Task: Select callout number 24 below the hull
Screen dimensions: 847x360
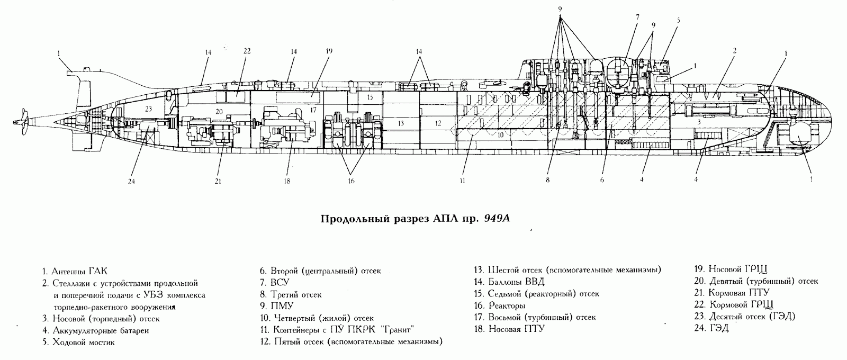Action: coord(131,182)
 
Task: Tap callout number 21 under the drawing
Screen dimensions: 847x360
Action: coord(218,182)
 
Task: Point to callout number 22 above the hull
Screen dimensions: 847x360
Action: coord(247,51)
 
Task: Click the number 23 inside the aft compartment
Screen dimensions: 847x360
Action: coord(148,109)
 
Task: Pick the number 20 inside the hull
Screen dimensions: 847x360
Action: coord(219,112)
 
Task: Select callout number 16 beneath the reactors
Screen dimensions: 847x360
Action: coord(352,181)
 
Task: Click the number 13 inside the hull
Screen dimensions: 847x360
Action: coord(401,123)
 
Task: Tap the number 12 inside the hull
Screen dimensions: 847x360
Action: coord(438,123)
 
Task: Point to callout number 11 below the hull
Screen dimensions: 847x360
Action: coord(462,181)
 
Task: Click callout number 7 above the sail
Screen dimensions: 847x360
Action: coord(637,17)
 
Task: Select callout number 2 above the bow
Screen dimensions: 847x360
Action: coord(734,51)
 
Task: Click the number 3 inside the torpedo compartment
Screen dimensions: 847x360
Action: coord(699,122)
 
